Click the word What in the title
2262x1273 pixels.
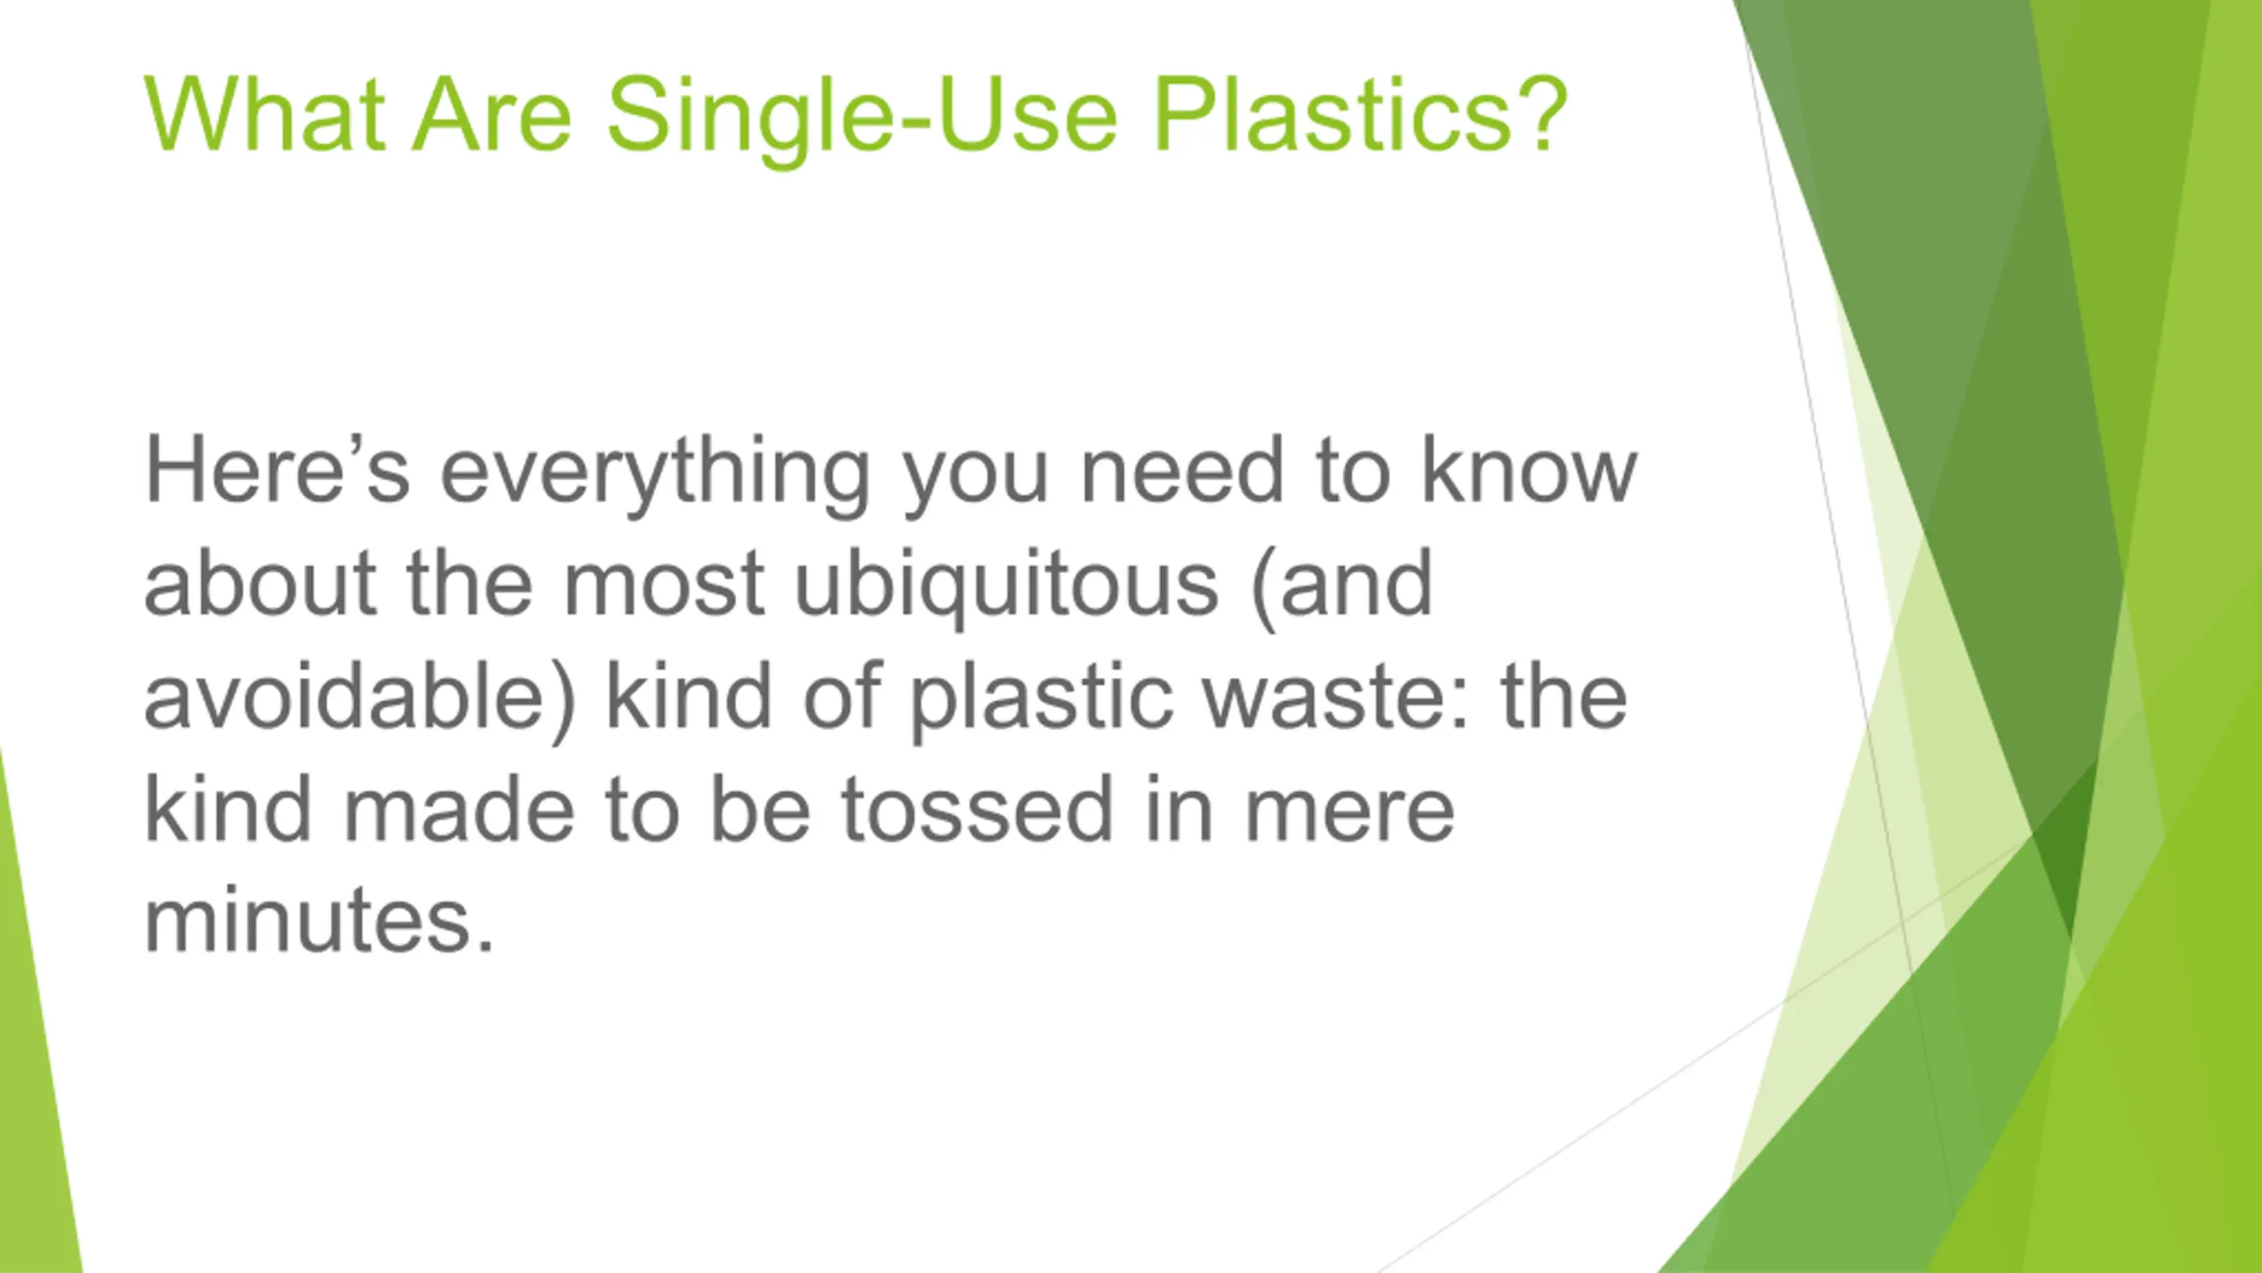tap(265, 115)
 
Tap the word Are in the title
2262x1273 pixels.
tap(493, 115)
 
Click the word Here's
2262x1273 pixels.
tap(277, 469)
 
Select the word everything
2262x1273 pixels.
tap(656, 477)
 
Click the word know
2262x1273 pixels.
tap(1530, 469)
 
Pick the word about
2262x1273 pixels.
tap(261, 583)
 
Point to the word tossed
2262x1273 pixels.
tap(977, 808)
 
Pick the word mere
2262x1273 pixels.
tap(1349, 816)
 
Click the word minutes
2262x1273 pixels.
tap(319, 920)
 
